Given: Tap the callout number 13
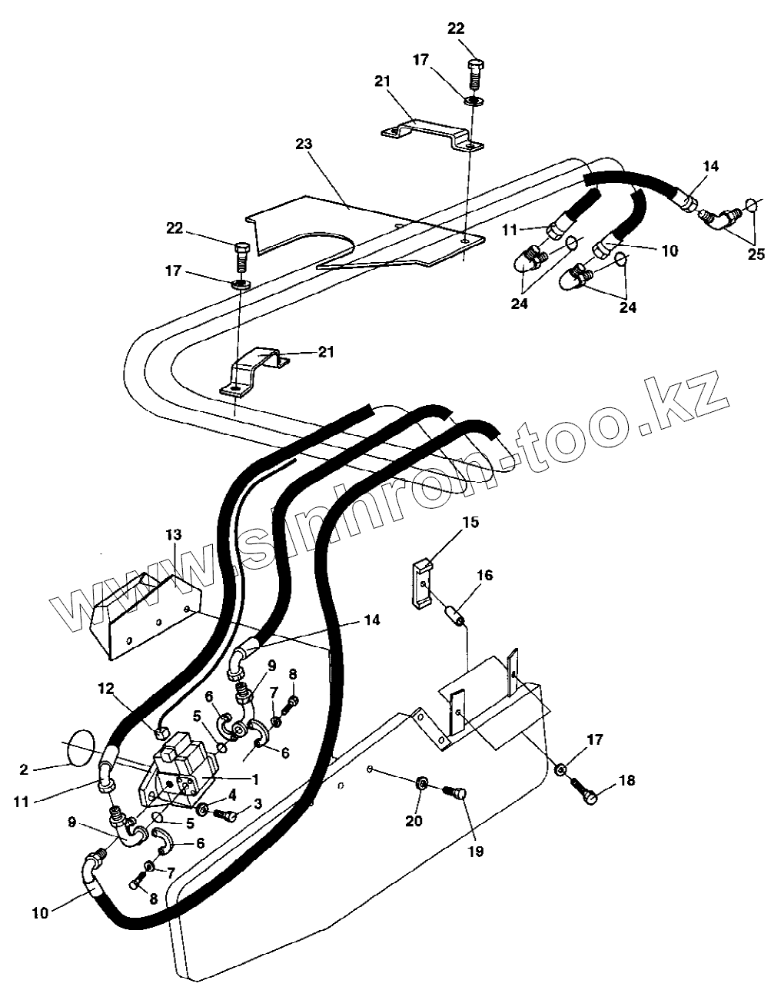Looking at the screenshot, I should (x=174, y=535).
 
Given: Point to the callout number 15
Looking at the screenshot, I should (x=470, y=522).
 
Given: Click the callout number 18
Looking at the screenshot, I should (x=627, y=781).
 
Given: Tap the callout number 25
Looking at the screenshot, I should (x=756, y=254).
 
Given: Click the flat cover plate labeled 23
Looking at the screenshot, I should (x=369, y=231).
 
